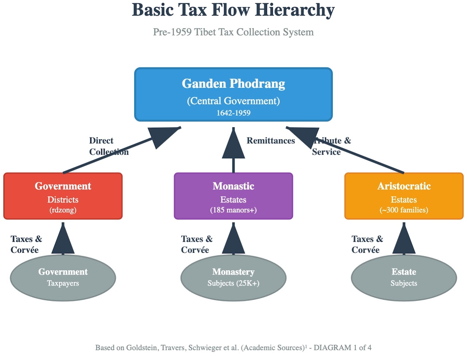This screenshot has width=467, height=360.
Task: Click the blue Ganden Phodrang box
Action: tap(233, 94)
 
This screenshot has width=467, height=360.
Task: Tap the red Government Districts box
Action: tap(63, 196)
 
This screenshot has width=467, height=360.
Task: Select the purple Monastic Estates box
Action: tap(233, 196)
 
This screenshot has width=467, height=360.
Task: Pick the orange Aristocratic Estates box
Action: tap(404, 196)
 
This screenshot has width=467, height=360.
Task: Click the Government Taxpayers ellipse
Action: tap(63, 277)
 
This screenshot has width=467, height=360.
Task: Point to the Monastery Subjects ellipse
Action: tap(233, 277)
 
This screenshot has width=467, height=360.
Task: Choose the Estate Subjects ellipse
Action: tap(404, 277)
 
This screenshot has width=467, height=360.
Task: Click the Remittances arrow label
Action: tap(271, 141)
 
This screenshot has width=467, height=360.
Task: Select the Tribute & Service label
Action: tap(331, 146)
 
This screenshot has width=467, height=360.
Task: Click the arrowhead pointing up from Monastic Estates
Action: tap(233, 144)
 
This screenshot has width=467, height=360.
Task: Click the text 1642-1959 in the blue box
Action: tap(233, 113)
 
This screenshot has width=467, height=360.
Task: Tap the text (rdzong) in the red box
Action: tap(63, 210)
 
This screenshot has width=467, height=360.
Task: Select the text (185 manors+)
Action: tap(233, 210)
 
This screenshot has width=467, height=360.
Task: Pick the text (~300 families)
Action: tap(404, 210)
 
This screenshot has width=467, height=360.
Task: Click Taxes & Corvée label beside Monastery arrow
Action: tap(197, 244)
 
